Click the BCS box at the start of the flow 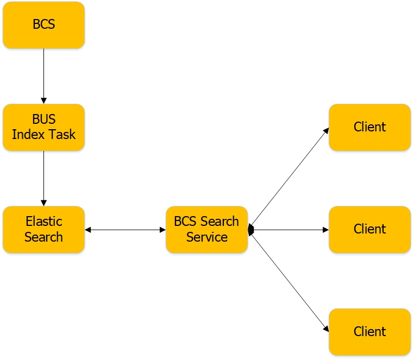tap(43, 25)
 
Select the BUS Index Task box tap(43, 127)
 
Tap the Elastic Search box tap(43, 229)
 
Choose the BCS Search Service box tap(206, 229)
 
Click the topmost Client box tap(369, 127)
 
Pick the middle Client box tap(369, 229)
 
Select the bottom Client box tap(369, 331)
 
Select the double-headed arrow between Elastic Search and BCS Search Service tap(125, 230)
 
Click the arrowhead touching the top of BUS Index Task tap(43, 101)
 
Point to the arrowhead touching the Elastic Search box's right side tap(88, 230)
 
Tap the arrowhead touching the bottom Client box tap(327, 329)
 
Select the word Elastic tap(43, 222)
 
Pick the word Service tap(206, 237)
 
